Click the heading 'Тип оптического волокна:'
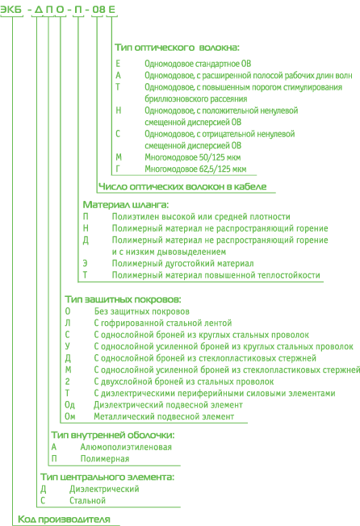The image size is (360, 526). (177, 48)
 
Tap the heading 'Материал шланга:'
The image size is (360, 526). (125, 205)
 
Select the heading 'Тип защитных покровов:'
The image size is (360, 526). (123, 299)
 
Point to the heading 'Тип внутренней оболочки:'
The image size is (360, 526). (113, 435)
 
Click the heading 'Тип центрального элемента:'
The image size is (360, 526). (107, 477)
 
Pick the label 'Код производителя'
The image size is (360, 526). (64, 520)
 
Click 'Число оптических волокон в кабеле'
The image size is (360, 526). (182, 186)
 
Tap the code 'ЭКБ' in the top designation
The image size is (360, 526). (10, 10)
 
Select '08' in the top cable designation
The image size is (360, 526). (98, 10)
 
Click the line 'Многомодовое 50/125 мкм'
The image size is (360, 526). (193, 157)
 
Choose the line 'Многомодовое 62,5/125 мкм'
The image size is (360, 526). (195, 169)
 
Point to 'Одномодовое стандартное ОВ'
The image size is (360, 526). (198, 64)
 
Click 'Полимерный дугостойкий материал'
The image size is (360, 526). (183, 263)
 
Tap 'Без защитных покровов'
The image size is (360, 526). (141, 311)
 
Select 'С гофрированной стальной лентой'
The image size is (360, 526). (163, 323)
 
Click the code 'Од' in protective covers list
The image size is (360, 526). (69, 405)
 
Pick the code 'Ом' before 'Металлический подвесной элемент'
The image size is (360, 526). (70, 416)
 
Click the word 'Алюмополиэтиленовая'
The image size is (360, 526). (126, 447)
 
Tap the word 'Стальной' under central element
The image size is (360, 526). (87, 500)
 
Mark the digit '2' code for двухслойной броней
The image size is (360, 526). (68, 382)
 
